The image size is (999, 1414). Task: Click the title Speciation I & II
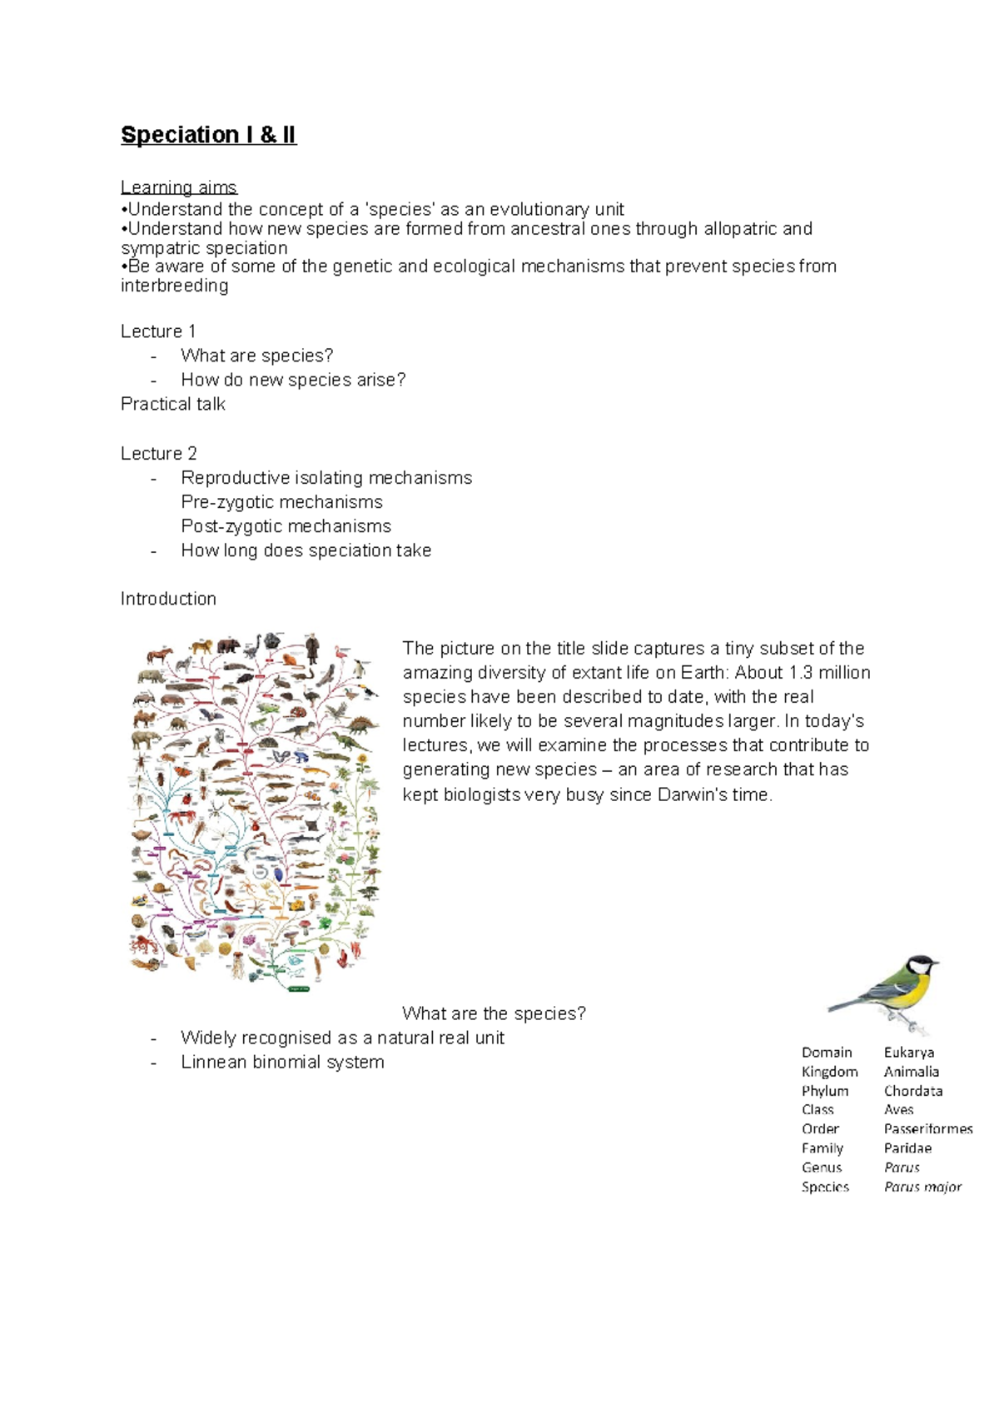[x=208, y=135]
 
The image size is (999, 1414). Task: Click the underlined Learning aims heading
[x=179, y=187]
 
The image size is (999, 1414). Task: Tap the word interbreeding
[x=175, y=286]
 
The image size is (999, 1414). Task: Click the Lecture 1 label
[x=158, y=331]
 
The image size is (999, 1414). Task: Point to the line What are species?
[x=256, y=356]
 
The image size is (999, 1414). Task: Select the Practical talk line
[x=173, y=404]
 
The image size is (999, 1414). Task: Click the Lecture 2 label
[x=159, y=453]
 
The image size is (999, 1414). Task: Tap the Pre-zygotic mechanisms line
[x=281, y=502]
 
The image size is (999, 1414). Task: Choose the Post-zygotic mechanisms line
[x=286, y=526]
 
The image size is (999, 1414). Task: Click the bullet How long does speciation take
[x=306, y=550]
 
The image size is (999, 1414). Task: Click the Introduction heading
[x=168, y=599]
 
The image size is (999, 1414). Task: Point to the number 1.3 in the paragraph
[x=800, y=673]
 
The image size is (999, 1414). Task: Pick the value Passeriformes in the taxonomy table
[x=927, y=1129]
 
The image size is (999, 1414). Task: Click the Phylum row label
[x=825, y=1091]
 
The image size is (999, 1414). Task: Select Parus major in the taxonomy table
[x=922, y=1187]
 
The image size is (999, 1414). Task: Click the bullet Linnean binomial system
[x=282, y=1063]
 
